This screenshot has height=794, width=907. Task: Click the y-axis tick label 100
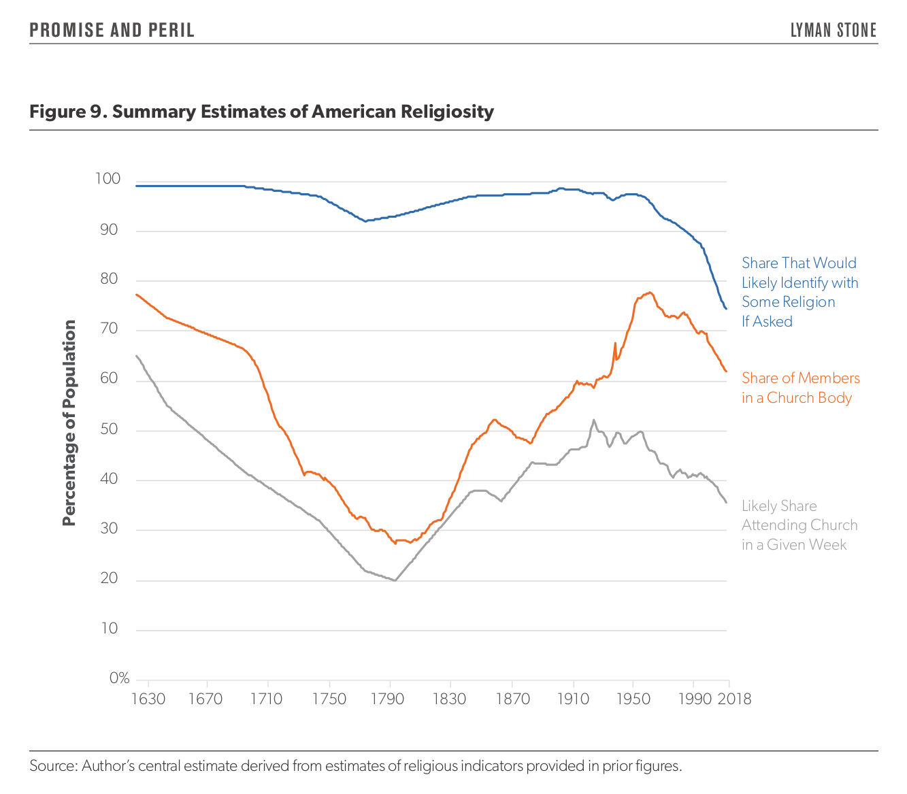click(108, 179)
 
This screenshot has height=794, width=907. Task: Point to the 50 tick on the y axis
click(110, 429)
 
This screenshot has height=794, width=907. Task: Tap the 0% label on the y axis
click(119, 678)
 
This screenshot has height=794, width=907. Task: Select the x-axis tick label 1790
click(387, 699)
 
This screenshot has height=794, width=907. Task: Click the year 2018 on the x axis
click(734, 699)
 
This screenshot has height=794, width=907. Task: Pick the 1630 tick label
click(148, 699)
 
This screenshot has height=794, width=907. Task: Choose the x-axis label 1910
click(573, 699)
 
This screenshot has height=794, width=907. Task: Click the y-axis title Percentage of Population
click(69, 423)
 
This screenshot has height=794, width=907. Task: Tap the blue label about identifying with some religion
click(799, 292)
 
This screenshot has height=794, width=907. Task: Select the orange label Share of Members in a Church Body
click(800, 388)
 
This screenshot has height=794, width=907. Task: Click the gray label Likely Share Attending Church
click(799, 525)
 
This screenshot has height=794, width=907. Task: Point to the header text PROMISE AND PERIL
click(112, 31)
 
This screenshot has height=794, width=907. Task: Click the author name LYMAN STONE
click(834, 31)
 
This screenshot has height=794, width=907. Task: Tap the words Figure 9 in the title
click(66, 112)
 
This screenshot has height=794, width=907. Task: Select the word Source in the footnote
click(53, 766)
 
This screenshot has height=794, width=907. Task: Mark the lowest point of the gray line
click(395, 580)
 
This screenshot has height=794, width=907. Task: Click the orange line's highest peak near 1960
click(650, 293)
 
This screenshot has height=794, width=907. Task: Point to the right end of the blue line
click(726, 309)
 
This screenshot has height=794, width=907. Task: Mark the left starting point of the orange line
click(137, 295)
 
